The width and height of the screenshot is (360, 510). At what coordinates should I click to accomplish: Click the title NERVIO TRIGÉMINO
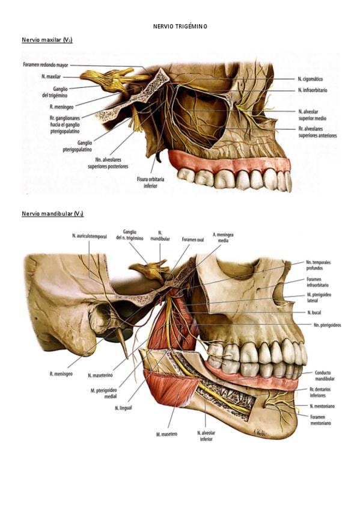(180, 26)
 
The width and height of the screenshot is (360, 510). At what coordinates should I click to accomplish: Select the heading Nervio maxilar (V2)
(47, 40)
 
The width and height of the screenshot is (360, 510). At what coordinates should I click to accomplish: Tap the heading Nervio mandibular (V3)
(53, 214)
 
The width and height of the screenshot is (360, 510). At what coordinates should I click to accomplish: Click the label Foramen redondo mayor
(46, 65)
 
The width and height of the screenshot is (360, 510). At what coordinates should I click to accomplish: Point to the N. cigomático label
(310, 79)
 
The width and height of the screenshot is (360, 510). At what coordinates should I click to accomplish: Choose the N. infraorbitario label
(313, 90)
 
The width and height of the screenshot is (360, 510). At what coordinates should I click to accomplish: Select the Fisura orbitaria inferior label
(150, 182)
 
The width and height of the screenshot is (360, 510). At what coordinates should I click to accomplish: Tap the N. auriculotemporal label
(90, 236)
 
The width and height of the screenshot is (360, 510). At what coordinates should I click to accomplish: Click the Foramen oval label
(193, 239)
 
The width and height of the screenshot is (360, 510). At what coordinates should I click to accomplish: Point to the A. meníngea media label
(223, 238)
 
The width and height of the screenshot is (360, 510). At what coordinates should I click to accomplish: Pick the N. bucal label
(314, 313)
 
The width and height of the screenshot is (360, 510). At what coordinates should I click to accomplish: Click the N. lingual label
(123, 408)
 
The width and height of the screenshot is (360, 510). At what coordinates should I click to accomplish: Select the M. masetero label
(166, 434)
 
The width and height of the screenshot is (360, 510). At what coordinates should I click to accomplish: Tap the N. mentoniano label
(322, 406)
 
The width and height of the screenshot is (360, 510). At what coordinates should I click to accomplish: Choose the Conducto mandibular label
(325, 376)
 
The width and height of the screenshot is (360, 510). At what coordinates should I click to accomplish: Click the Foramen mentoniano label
(320, 420)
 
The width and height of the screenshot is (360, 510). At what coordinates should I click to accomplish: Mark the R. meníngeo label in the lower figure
(61, 374)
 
